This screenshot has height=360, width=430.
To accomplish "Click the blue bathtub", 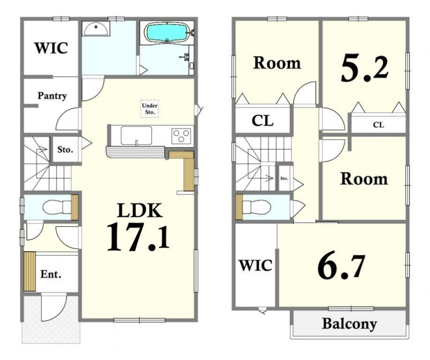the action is click(x=167, y=32).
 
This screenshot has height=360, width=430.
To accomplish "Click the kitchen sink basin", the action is click(x=136, y=136).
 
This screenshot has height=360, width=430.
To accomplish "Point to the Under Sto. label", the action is click(x=150, y=109).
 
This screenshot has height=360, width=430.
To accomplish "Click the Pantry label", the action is click(x=52, y=96).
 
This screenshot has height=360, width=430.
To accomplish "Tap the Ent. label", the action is click(x=51, y=274).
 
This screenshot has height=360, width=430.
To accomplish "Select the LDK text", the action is click(x=140, y=210).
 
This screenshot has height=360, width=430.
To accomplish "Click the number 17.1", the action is click(x=138, y=237).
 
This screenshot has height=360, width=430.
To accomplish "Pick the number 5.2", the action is click(x=365, y=69).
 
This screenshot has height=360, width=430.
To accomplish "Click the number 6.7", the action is click(x=342, y=266).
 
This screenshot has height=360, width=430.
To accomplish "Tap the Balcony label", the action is click(x=350, y=323).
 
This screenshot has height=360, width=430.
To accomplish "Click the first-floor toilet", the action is click(x=57, y=207).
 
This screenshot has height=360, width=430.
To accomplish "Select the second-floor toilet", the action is click(x=257, y=207).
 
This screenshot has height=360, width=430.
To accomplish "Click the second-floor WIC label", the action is click(x=255, y=265).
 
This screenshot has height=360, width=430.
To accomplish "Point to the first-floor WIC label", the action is click(x=51, y=48).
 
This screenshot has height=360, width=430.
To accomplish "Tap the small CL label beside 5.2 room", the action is click(x=378, y=125).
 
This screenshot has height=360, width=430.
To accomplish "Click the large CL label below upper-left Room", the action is click(x=263, y=120).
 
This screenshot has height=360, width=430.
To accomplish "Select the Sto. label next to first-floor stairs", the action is click(x=65, y=150).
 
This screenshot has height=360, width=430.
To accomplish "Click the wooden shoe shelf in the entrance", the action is click(x=30, y=272).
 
